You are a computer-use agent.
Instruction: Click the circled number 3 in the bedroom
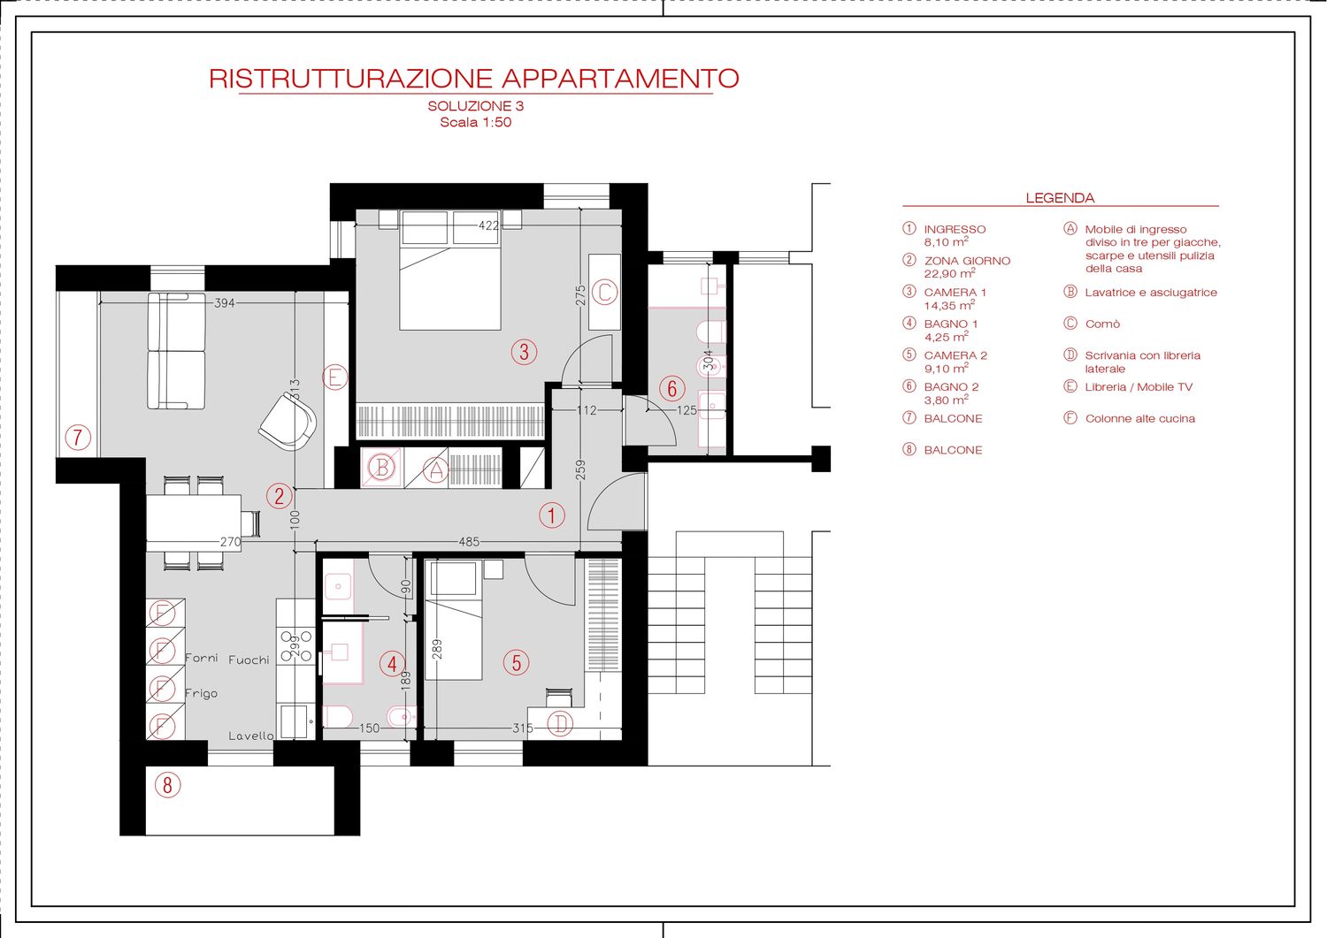pyautogui.click(x=524, y=352)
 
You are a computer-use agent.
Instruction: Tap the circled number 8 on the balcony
pyautogui.click(x=167, y=785)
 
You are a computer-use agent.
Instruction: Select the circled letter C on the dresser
pyautogui.click(x=605, y=292)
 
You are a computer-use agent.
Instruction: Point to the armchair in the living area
pyautogui.click(x=288, y=423)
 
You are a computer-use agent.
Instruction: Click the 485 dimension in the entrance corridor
pyautogui.click(x=469, y=542)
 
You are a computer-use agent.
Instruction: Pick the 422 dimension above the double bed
pyautogui.click(x=488, y=225)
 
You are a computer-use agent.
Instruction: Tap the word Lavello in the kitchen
pyautogui.click(x=251, y=736)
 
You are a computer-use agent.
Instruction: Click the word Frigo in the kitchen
pyautogui.click(x=201, y=693)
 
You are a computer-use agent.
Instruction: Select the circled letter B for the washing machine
pyautogui.click(x=382, y=468)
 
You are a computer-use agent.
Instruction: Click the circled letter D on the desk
pyautogui.click(x=559, y=724)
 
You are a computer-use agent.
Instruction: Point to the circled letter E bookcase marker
pyautogui.click(x=334, y=377)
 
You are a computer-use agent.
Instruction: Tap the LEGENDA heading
pyautogui.click(x=1060, y=198)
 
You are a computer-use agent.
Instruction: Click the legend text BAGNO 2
pyautogui.click(x=951, y=387)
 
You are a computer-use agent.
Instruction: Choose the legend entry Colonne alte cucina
pyautogui.click(x=1139, y=419)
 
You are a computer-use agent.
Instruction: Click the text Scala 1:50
pyautogui.click(x=476, y=123)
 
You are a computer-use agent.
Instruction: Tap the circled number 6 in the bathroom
pyautogui.click(x=672, y=388)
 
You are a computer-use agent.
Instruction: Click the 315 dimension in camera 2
pyautogui.click(x=523, y=728)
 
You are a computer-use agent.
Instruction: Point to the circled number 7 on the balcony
pyautogui.click(x=78, y=438)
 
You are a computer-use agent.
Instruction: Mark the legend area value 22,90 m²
pyautogui.click(x=949, y=273)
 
